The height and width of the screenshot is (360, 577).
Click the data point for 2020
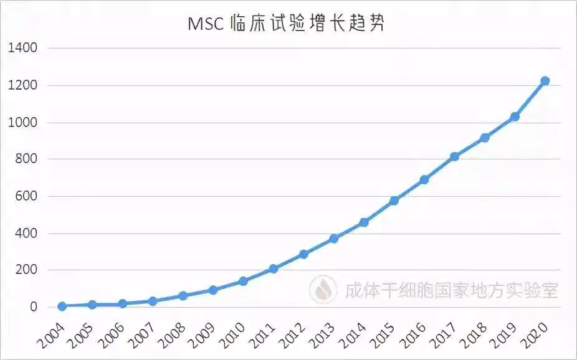(x=545, y=81)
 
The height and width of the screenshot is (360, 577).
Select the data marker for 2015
(x=394, y=201)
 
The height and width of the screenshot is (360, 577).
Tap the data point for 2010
(x=243, y=281)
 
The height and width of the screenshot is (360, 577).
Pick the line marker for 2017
(x=454, y=156)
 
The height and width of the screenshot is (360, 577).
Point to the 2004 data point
(x=62, y=306)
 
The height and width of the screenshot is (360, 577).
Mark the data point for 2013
(x=333, y=239)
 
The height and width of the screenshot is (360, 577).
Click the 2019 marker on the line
(x=515, y=116)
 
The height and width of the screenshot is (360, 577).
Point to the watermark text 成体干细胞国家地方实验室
(x=452, y=290)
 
